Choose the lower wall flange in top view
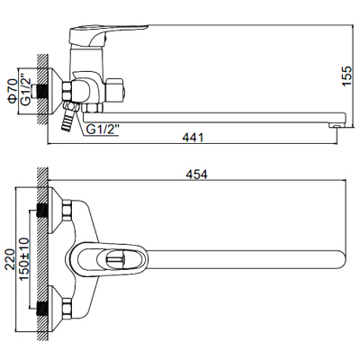coord(60,306)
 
